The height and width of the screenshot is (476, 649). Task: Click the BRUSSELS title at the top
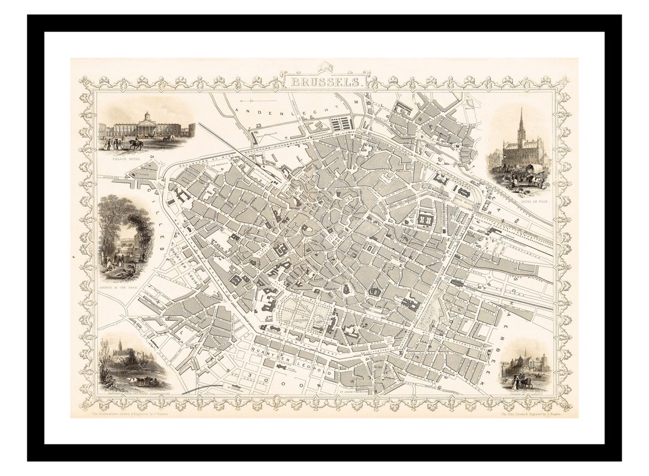pos(324,81)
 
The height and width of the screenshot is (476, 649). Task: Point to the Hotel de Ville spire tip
pos(521,110)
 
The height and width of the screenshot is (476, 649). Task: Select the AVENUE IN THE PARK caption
pos(124,288)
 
